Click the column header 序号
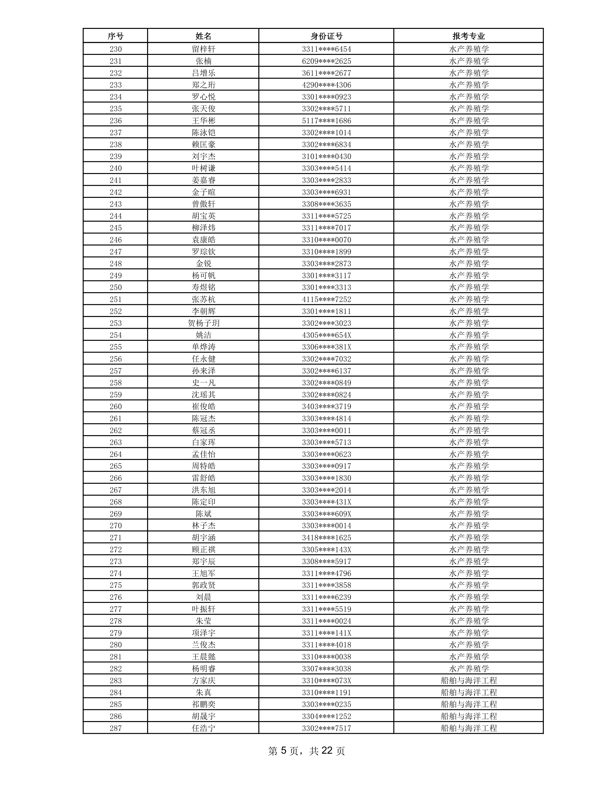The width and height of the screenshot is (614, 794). point(115,36)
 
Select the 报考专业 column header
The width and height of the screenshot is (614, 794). point(469,36)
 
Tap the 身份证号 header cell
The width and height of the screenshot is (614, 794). point(326,36)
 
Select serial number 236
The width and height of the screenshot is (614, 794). point(115,121)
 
